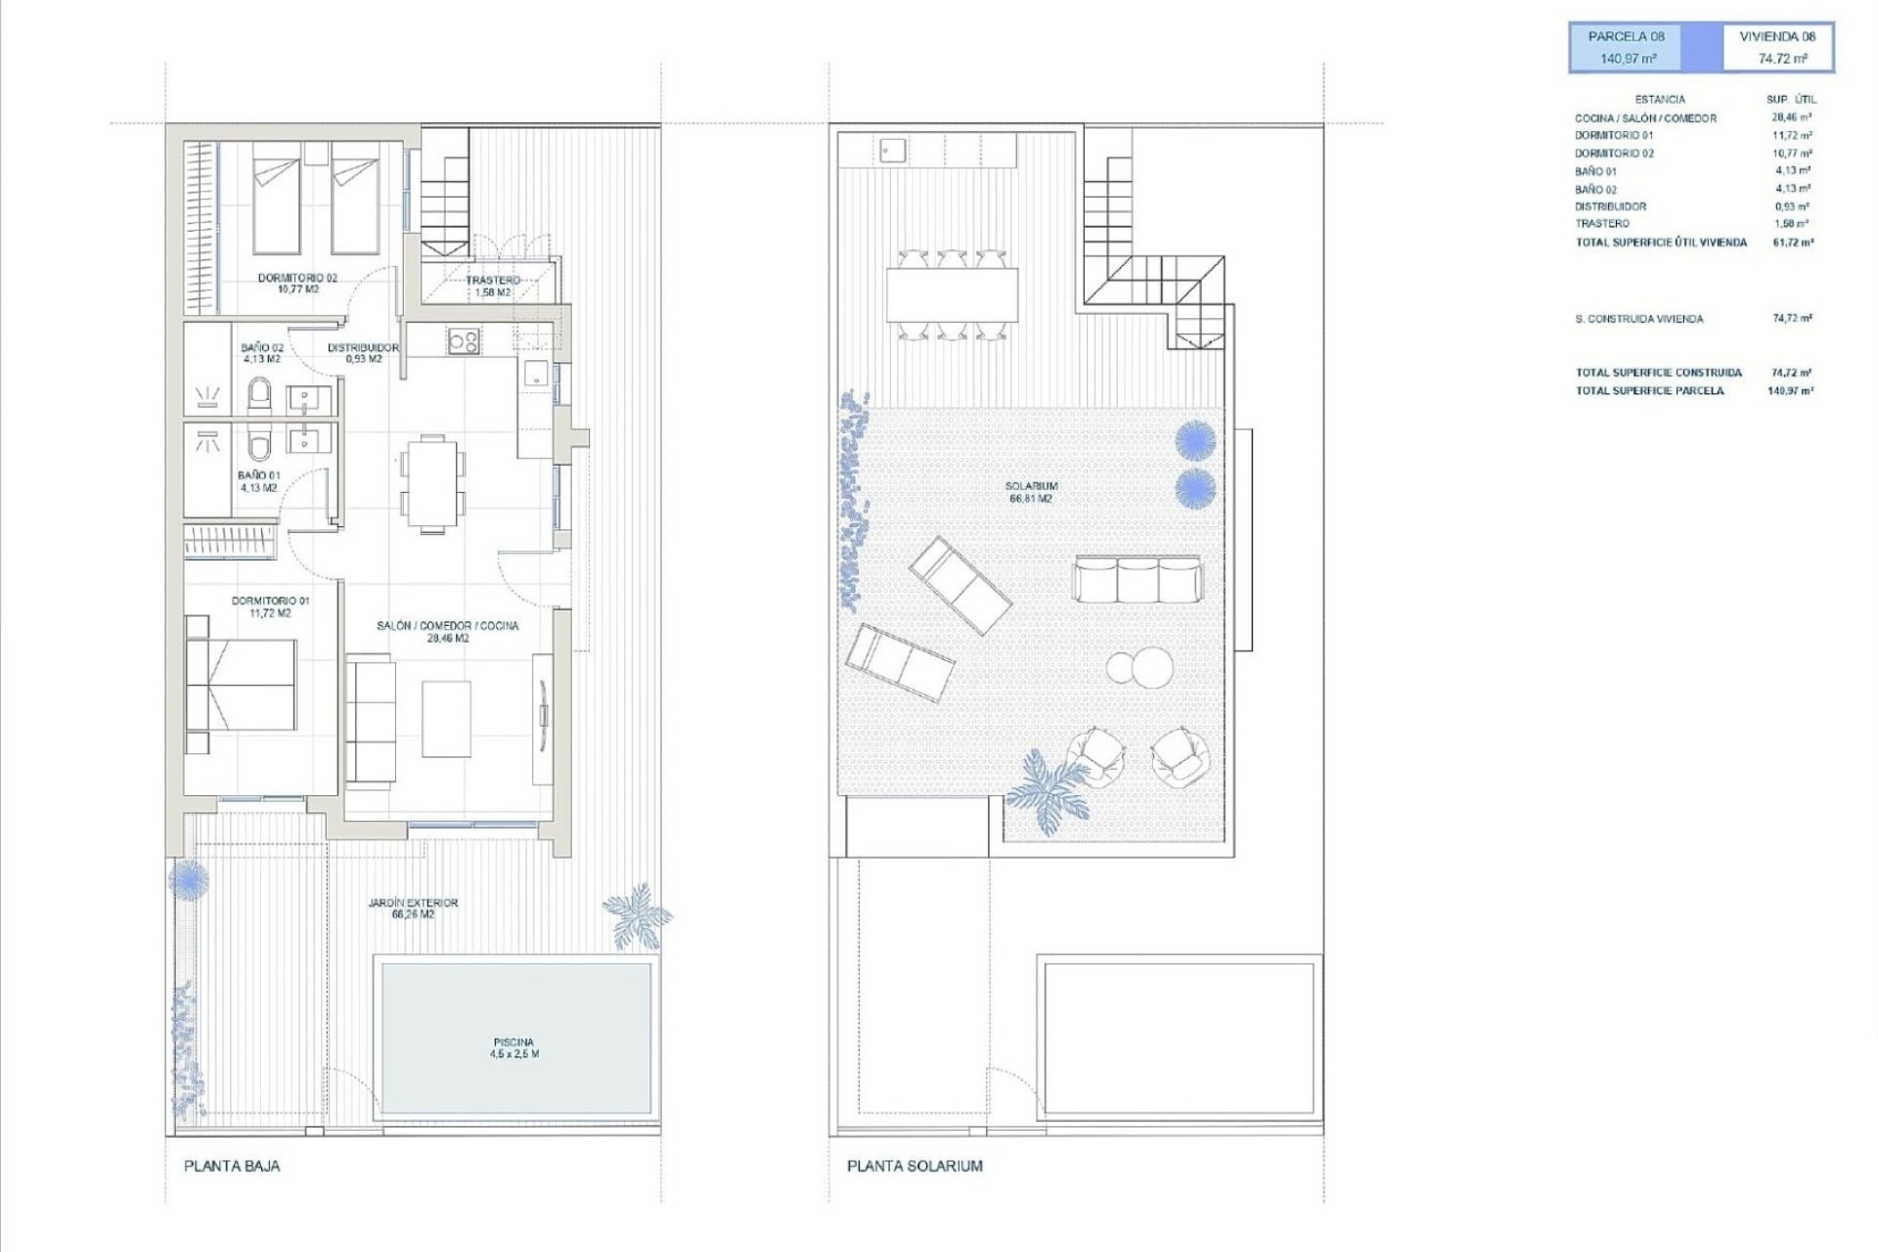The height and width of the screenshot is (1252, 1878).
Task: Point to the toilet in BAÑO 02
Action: click(x=260, y=396)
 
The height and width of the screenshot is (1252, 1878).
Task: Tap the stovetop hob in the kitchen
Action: click(x=464, y=341)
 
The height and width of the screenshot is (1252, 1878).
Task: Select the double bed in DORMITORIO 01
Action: click(x=241, y=685)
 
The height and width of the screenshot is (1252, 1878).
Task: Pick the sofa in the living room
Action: click(x=371, y=720)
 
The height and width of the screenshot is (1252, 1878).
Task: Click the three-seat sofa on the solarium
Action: click(x=1137, y=579)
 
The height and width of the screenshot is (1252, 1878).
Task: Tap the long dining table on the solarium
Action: click(x=952, y=293)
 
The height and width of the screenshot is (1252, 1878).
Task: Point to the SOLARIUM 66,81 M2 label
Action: click(x=1031, y=492)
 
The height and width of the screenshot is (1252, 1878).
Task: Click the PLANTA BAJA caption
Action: click(x=232, y=1166)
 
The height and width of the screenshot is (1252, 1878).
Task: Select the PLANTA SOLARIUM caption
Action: click(x=915, y=1166)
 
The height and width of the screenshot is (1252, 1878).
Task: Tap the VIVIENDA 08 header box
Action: click(x=1778, y=48)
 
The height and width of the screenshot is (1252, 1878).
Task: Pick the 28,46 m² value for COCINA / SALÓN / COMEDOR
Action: click(x=1792, y=117)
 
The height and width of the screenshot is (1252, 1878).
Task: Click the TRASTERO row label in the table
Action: click(x=1602, y=224)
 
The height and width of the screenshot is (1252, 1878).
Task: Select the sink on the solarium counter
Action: click(x=891, y=150)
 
